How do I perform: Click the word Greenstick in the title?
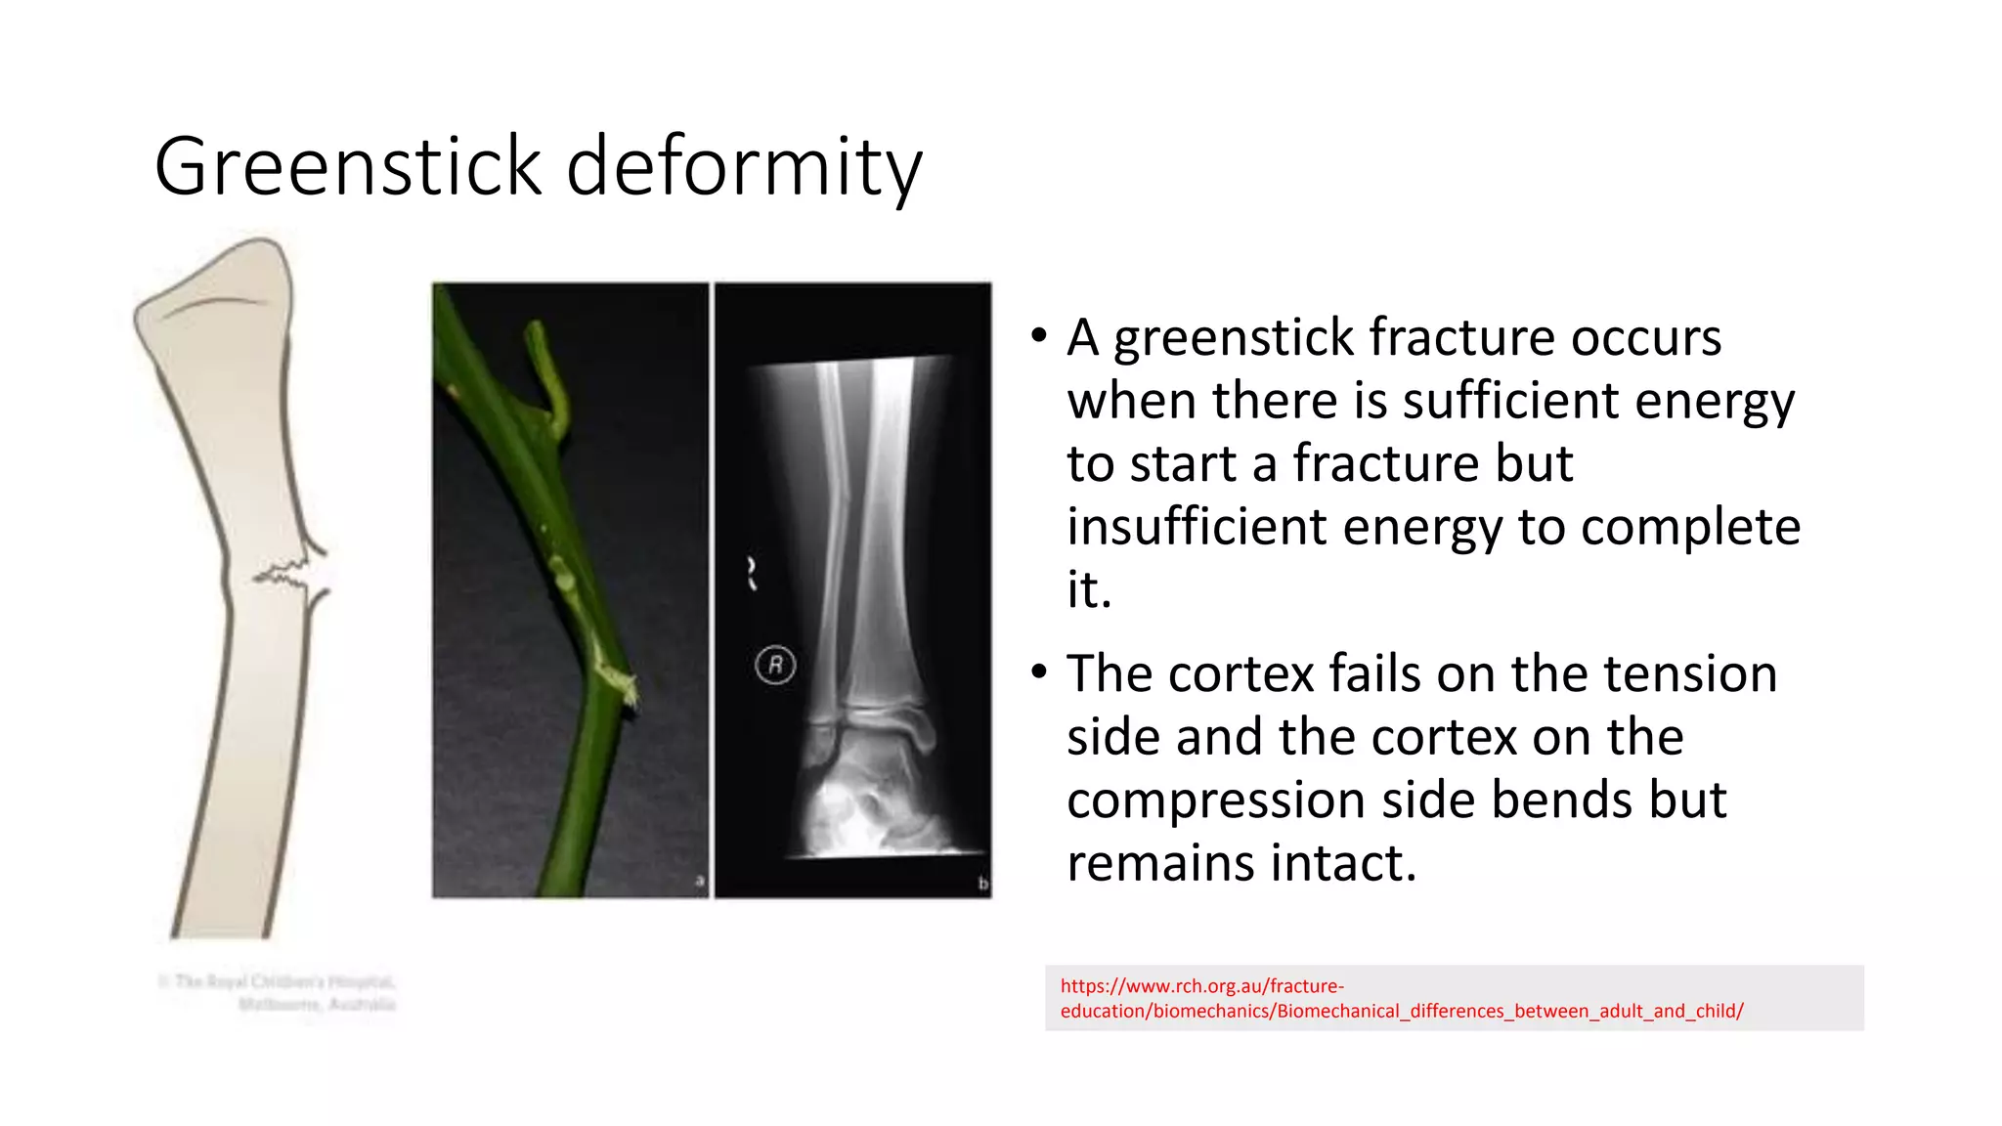[347, 166]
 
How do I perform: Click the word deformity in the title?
[744, 166]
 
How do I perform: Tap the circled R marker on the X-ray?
[775, 666]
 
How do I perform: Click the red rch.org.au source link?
[1401, 998]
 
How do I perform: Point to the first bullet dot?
[1038, 336]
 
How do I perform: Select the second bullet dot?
[1038, 672]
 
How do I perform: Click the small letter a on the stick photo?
[699, 881]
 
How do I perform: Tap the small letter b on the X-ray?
[982, 884]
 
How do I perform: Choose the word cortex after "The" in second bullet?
[1240, 674]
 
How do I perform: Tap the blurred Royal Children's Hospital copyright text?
[278, 992]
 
